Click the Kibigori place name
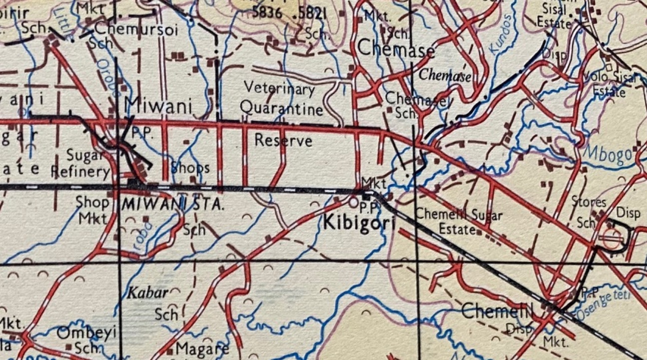pyautogui.click(x=359, y=222)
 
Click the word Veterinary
pyautogui.click(x=279, y=88)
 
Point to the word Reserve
pyautogui.click(x=283, y=140)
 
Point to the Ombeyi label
pyautogui.click(x=86, y=333)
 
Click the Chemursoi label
pyautogui.click(x=136, y=29)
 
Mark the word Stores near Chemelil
pyautogui.click(x=590, y=203)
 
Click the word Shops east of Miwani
pyautogui.click(x=190, y=168)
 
